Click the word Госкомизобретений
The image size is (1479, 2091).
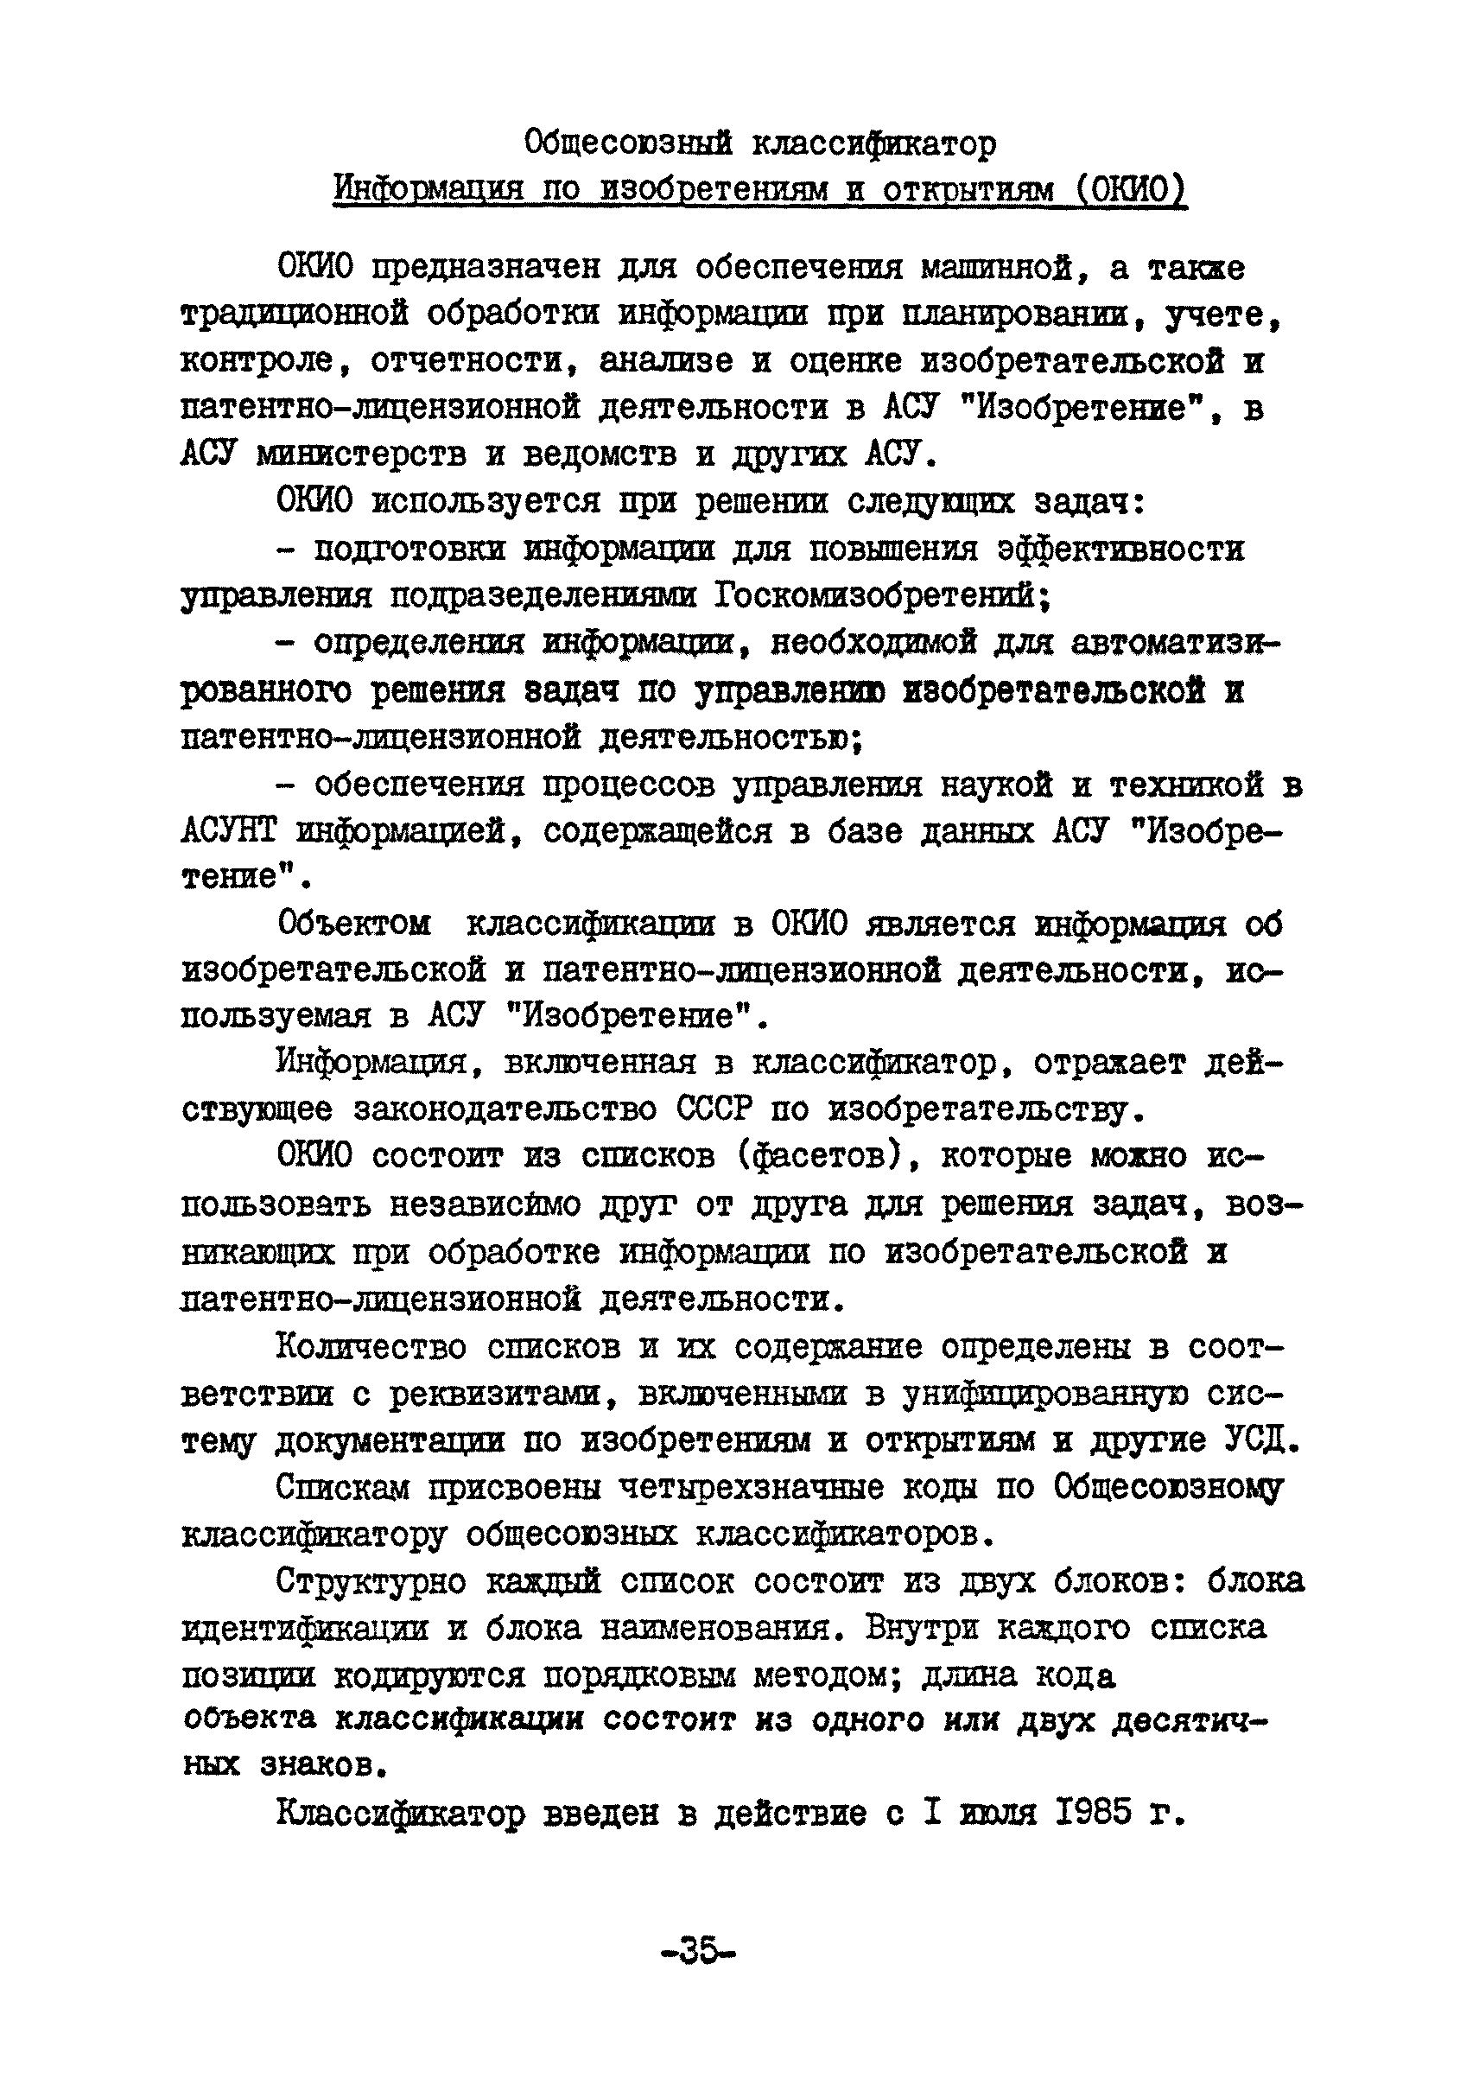(881, 596)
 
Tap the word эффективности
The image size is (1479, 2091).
(1120, 550)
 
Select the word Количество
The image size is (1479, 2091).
(371, 1347)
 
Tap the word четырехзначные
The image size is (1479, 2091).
(751, 1488)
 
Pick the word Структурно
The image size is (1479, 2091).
(371, 1582)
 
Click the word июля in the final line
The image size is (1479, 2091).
(999, 1814)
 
